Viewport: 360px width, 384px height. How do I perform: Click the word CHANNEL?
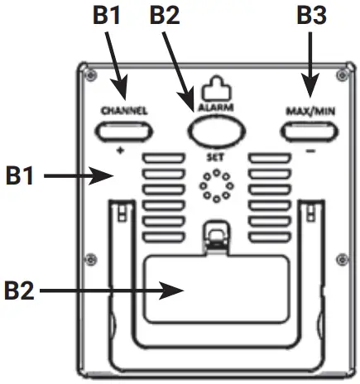coord(124,110)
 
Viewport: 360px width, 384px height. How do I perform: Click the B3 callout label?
coord(311,16)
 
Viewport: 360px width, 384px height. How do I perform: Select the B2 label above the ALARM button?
coord(166,16)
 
